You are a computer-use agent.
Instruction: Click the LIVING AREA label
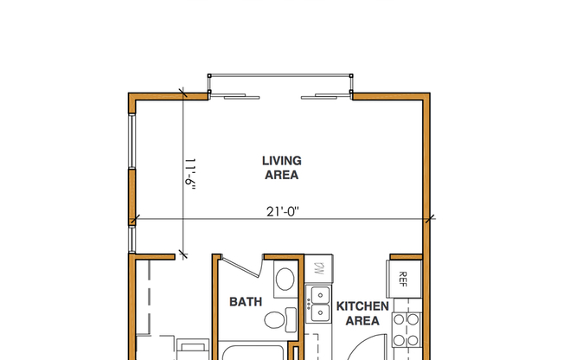pos(281,167)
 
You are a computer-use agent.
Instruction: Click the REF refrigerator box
pos(403,279)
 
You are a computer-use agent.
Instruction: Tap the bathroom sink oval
pos(284,280)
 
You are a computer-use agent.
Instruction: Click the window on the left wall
pos(131,164)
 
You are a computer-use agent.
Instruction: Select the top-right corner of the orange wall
pos(428,95)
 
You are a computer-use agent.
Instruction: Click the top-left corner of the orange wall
pos(132,95)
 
